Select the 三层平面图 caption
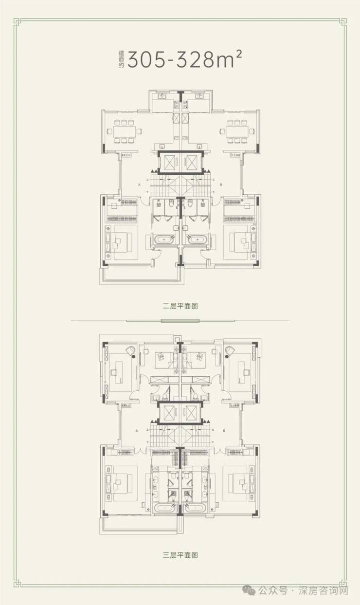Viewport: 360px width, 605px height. pyautogui.click(x=180, y=554)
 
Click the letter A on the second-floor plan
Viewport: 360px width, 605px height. pyautogui.click(x=139, y=185)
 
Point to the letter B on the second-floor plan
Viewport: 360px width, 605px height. pyautogui.click(x=221, y=185)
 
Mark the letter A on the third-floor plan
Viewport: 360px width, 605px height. pyautogui.click(x=139, y=431)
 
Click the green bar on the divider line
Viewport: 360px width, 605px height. pyautogui.click(x=180, y=321)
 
